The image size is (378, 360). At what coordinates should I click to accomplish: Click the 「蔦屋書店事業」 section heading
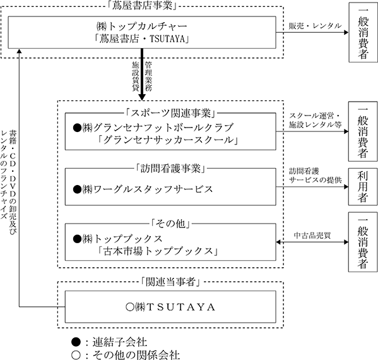tap(142, 6)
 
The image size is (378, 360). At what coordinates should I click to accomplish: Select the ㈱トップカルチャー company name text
tap(142, 27)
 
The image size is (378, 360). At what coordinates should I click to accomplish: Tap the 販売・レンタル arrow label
tap(316, 26)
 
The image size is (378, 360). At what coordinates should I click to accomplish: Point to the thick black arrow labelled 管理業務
tap(142, 74)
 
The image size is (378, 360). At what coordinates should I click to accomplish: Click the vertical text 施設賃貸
tap(136, 76)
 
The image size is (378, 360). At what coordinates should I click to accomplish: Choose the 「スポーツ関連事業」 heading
tap(170, 113)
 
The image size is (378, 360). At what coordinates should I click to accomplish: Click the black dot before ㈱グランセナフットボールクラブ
tap(78, 128)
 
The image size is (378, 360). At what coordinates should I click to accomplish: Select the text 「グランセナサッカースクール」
tap(168, 140)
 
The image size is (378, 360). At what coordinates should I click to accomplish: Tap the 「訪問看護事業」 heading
tap(170, 169)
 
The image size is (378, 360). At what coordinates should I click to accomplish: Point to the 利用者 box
tap(363, 187)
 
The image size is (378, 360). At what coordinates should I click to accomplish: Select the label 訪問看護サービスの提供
tap(316, 176)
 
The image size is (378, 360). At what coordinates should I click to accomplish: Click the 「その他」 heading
tap(170, 224)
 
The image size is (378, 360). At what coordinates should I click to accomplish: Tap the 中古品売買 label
tap(312, 236)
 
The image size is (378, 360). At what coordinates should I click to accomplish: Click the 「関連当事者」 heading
tap(170, 282)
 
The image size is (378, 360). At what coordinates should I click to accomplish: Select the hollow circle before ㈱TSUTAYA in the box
tap(130, 307)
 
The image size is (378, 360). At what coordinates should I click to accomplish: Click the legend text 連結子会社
tap(120, 342)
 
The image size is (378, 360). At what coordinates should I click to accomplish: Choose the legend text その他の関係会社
tap(136, 355)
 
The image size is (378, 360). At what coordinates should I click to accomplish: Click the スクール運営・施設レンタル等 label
tap(316, 120)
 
